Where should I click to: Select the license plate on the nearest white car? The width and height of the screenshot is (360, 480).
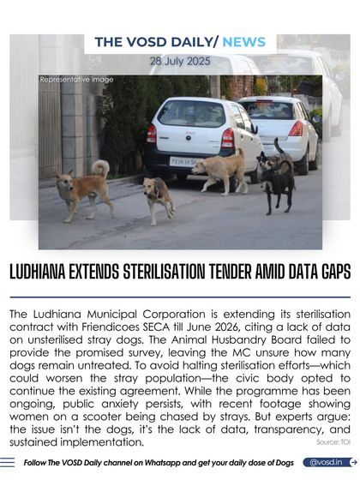pyautogui.click(x=183, y=160)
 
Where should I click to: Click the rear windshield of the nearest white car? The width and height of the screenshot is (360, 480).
pyautogui.click(x=190, y=115)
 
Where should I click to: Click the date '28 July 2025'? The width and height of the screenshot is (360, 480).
pyautogui.click(x=179, y=62)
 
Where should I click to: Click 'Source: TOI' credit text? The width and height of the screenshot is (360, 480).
pyautogui.click(x=333, y=442)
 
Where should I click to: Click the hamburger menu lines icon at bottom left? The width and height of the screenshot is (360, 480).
pyautogui.click(x=8, y=462)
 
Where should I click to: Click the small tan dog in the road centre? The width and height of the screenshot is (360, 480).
pyautogui.click(x=159, y=196)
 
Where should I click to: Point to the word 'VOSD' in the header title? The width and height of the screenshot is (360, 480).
pyautogui.click(x=151, y=42)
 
